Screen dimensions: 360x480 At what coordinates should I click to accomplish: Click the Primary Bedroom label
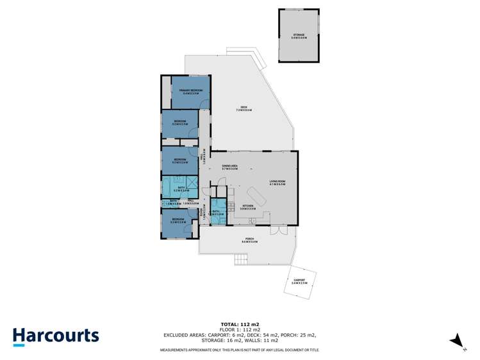click(192, 92)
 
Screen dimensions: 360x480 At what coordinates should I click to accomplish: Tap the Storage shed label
click(299, 37)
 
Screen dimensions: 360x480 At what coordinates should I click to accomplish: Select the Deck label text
click(244, 108)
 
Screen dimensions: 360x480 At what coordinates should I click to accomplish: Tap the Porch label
click(249, 241)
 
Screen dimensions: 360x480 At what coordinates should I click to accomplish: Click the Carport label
click(299, 282)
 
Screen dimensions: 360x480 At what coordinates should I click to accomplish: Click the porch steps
click(241, 259)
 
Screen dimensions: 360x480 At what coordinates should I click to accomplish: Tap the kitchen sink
click(252, 221)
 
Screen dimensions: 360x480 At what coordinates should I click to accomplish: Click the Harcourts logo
click(56, 336)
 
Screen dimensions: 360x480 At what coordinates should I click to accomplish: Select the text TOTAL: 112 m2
click(240, 324)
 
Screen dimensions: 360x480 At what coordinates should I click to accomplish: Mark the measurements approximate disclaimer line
click(240, 350)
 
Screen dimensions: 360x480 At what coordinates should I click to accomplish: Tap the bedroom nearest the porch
click(178, 222)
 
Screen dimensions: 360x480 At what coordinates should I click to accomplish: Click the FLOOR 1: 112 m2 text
click(240, 329)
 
